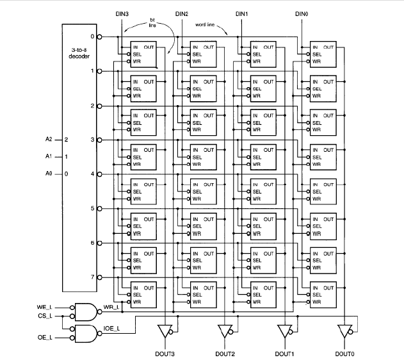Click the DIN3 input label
pos(122,13)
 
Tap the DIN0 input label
pos(301,13)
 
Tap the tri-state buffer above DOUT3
pos(166,331)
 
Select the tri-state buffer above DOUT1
pos(285,331)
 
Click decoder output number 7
pos(92,277)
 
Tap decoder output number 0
pos(92,37)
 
